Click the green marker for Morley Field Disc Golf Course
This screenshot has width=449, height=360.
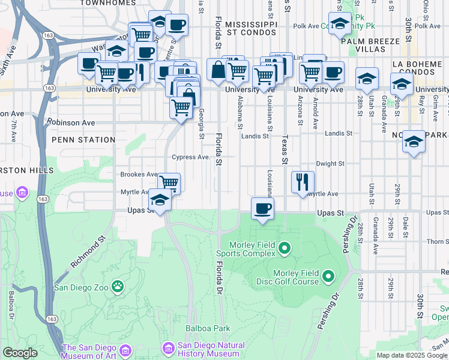(328, 277)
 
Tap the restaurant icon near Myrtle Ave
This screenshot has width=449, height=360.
(303, 181)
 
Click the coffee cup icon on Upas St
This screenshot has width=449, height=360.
(262, 208)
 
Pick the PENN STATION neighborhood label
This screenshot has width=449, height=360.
(83, 140)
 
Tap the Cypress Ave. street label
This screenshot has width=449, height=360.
(190, 157)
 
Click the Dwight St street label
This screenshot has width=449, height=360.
(330, 163)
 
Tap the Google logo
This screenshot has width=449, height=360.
(20, 353)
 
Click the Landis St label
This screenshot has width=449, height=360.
(255, 136)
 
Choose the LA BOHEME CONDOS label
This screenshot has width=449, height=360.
(420, 68)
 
